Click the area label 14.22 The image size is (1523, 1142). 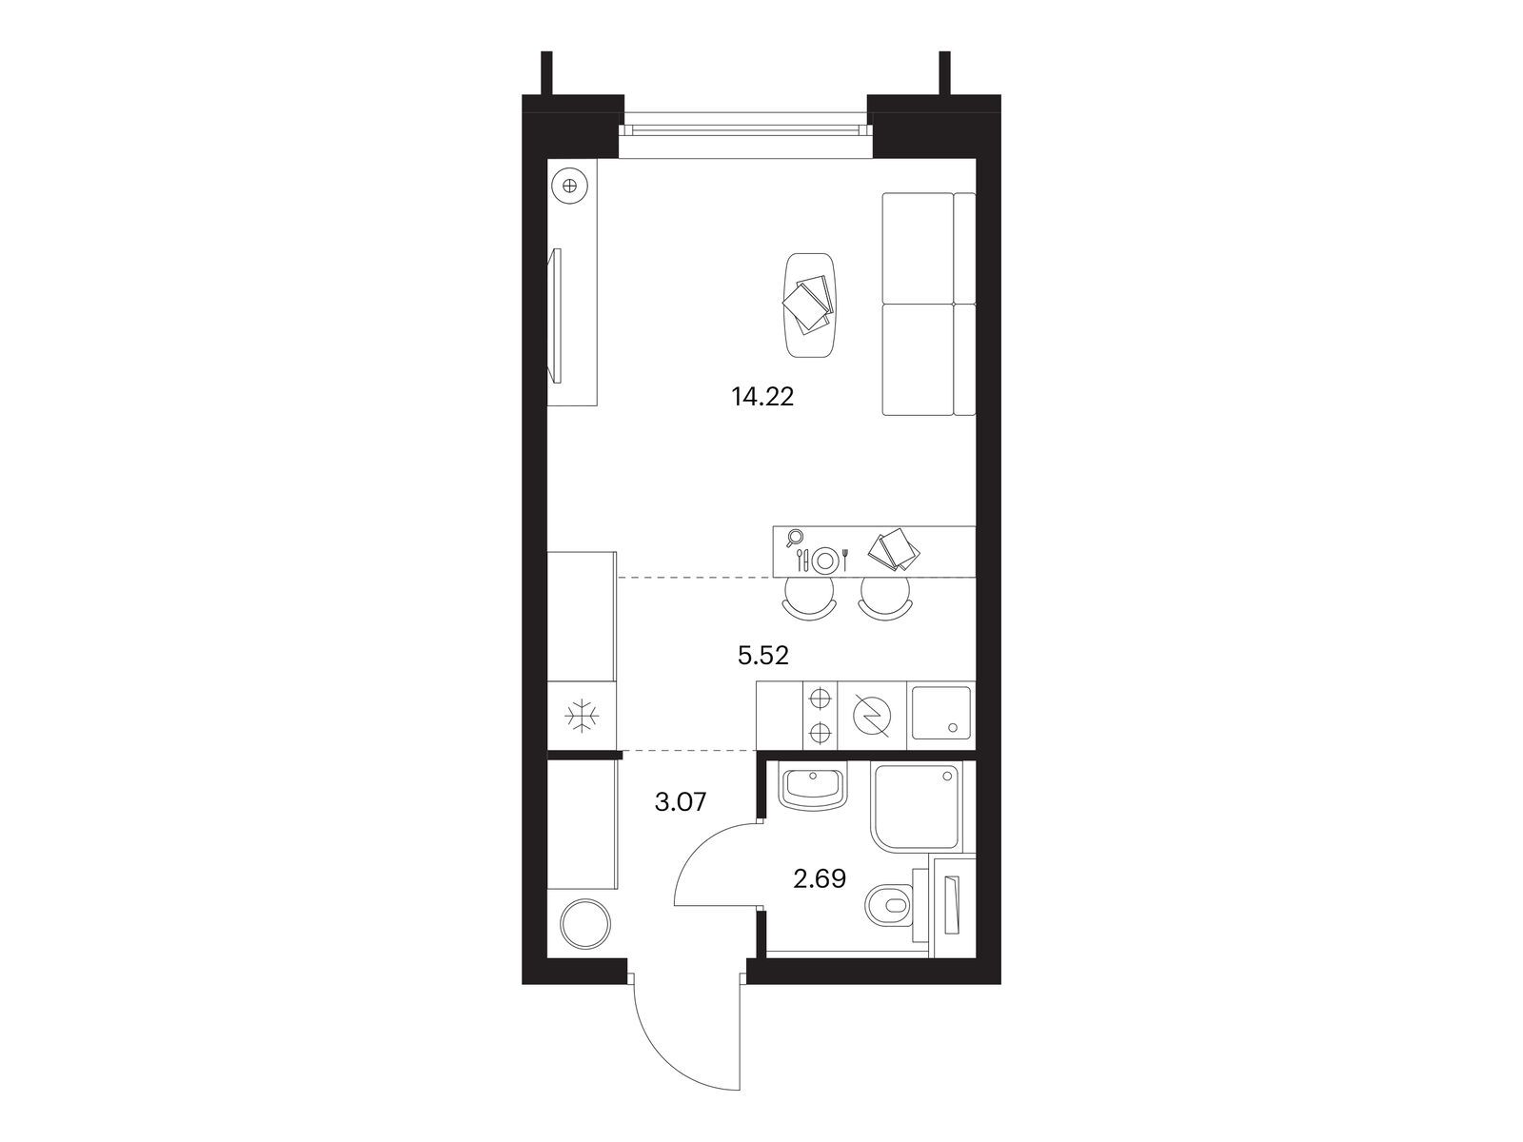[x=761, y=397]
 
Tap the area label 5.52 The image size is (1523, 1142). [x=763, y=656]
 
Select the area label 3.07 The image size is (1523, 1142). [x=681, y=802]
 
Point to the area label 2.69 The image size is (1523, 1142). [x=820, y=880]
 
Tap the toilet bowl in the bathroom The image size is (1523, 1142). [x=890, y=906]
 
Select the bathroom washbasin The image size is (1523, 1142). [x=813, y=787]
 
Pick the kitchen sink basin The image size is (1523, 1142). [x=940, y=714]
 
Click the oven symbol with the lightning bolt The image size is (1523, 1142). [x=871, y=715]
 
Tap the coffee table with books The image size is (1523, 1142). [x=808, y=305]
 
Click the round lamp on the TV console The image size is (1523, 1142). [x=569, y=186]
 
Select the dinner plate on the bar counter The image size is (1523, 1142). [x=824, y=559]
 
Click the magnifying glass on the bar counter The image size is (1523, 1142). [x=794, y=538]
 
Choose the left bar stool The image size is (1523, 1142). [x=808, y=599]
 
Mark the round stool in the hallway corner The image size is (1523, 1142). [x=586, y=923]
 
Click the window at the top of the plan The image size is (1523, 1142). [x=744, y=129]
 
